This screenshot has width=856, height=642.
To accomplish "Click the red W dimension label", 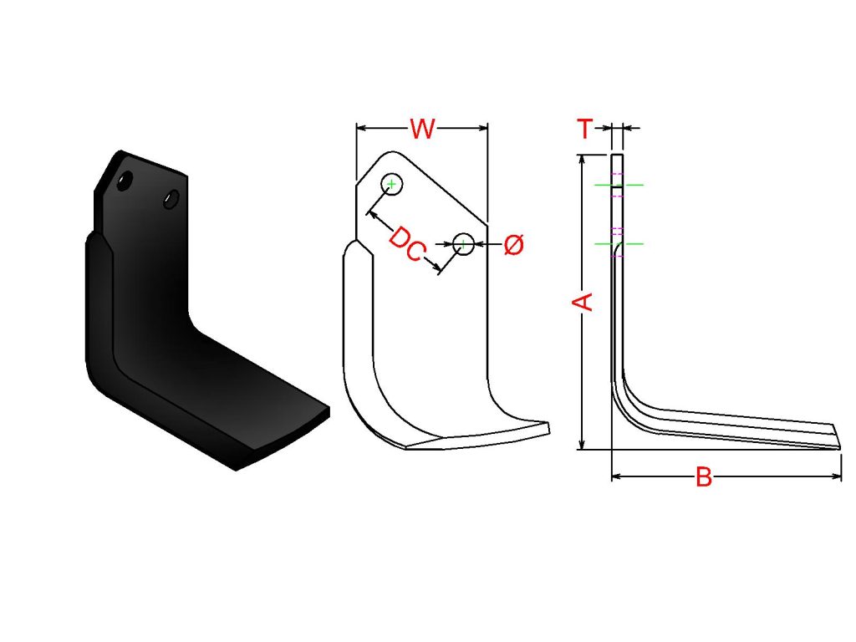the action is tap(422, 129).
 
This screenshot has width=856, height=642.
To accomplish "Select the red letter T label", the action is tap(584, 128).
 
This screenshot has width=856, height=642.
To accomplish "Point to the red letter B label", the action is tap(704, 477).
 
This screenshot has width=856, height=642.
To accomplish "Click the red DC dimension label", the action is tap(407, 244).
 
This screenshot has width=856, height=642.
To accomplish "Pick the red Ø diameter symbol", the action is tap(513, 245).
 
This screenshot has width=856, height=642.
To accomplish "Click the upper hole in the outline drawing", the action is tap(391, 185).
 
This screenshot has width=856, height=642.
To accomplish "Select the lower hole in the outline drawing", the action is tap(463, 243).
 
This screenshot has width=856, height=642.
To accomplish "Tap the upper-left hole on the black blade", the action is tap(125, 181).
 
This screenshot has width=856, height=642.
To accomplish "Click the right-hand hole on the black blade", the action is tap(171, 199).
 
